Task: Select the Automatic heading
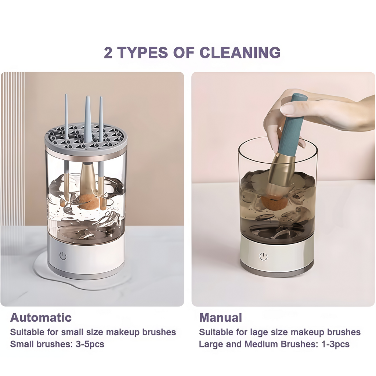[41, 317]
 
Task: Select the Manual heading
[220, 317]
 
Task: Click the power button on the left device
[63, 256]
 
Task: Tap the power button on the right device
[263, 256]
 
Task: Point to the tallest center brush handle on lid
[88, 117]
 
